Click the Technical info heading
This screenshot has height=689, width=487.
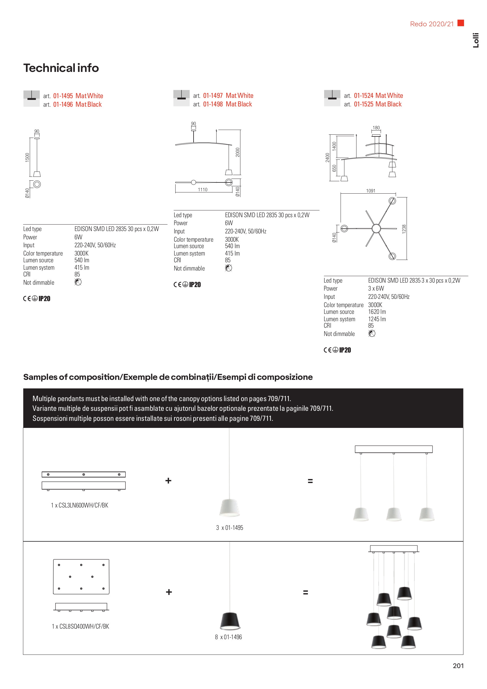[61, 68]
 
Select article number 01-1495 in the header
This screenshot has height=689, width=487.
[63, 96]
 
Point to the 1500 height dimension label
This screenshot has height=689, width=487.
[27, 157]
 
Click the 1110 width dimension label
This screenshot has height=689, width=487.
[202, 190]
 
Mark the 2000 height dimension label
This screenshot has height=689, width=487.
[238, 152]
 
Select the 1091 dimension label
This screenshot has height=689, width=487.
[371, 191]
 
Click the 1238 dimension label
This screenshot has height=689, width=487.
[404, 229]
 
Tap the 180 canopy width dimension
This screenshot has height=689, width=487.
[376, 128]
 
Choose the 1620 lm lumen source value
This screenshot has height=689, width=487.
[377, 312]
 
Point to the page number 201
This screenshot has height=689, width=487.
[458, 666]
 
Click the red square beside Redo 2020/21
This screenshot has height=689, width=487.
[460, 23]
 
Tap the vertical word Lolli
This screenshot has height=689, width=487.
[476, 40]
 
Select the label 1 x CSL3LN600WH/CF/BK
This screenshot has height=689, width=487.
[80, 505]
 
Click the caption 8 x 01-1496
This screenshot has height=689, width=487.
[228, 637]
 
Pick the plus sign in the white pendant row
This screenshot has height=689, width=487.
[168, 481]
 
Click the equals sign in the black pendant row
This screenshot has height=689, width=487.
[306, 592]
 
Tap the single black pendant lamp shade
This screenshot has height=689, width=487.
[230, 621]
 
